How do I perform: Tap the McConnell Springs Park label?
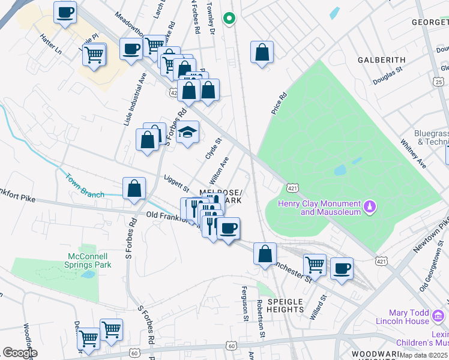(88, 260)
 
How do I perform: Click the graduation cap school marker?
(188, 133)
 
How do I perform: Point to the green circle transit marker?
(228, 19)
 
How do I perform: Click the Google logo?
(19, 353)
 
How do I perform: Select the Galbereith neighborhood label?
(381, 60)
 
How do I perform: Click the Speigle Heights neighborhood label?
(277, 305)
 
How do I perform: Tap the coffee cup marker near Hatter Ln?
(65, 12)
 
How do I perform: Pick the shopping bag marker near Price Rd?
(262, 52)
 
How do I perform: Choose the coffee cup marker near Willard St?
(342, 268)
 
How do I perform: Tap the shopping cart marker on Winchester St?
(315, 264)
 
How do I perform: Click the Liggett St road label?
(176, 181)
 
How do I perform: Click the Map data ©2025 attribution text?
(424, 355)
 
